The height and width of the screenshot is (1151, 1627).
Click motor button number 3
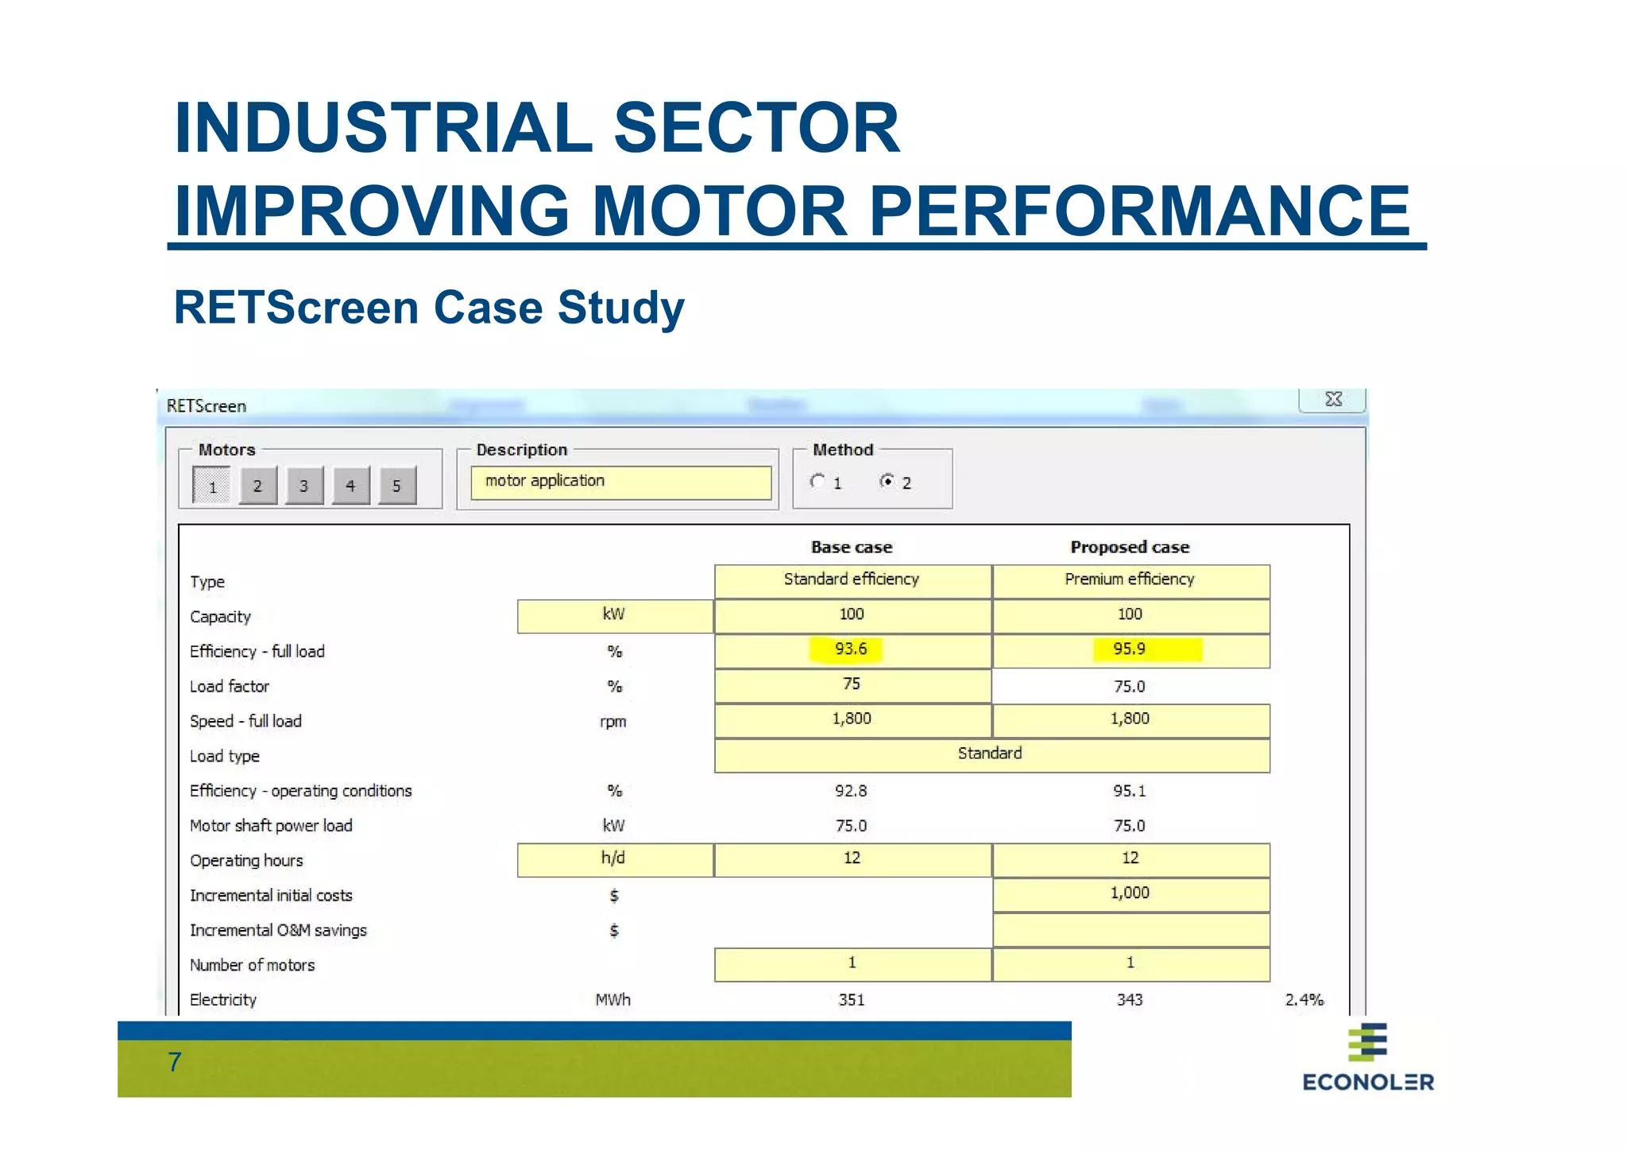click(x=303, y=486)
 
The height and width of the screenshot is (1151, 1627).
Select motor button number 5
click(x=396, y=486)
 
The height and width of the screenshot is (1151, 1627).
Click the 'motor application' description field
click(x=620, y=482)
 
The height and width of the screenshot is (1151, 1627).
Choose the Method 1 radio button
click(x=817, y=481)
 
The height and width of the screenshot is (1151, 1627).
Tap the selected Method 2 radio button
click(x=887, y=481)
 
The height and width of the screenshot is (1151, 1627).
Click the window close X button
click(x=1333, y=399)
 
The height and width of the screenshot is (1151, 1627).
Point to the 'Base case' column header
click(x=852, y=547)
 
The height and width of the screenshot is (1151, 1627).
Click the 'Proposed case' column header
click(x=1130, y=547)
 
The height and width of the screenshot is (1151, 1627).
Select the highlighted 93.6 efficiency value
click(x=850, y=649)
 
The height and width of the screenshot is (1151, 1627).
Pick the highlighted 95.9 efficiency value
click(x=1129, y=649)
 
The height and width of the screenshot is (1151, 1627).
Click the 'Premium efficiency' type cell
click(x=1130, y=580)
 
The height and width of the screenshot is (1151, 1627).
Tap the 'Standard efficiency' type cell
click(x=852, y=580)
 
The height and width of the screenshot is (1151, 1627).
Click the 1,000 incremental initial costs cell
click(x=1130, y=893)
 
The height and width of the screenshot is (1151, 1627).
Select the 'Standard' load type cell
click(x=990, y=754)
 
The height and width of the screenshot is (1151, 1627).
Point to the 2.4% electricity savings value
click(x=1304, y=999)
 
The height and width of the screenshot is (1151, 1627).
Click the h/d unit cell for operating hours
click(x=613, y=858)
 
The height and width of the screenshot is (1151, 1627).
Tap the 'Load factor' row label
click(x=230, y=686)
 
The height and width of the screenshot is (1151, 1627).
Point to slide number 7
click(x=175, y=1062)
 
